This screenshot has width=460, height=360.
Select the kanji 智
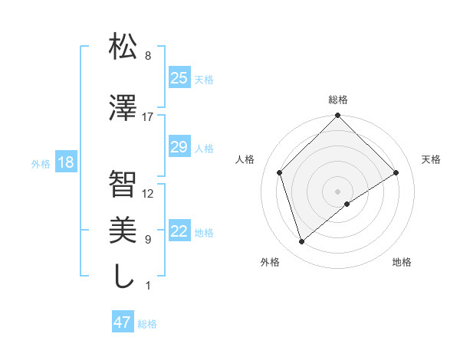point(123,184)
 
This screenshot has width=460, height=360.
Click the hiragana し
point(123,277)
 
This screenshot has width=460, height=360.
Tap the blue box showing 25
point(179,78)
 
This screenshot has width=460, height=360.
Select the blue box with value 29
point(179,147)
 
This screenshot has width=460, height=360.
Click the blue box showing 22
point(179,232)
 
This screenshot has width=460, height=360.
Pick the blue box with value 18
point(65,162)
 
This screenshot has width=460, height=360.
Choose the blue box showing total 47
point(123,322)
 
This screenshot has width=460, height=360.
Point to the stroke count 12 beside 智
point(148,194)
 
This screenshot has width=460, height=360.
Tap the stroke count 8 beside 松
point(148,56)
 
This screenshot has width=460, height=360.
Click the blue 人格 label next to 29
point(204,148)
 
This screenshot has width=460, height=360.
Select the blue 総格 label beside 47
point(147,323)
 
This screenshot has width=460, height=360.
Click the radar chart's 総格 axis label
point(337,100)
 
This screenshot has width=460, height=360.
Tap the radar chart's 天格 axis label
point(432,159)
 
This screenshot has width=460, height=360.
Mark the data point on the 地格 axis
point(347,204)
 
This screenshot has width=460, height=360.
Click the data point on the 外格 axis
point(301,242)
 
